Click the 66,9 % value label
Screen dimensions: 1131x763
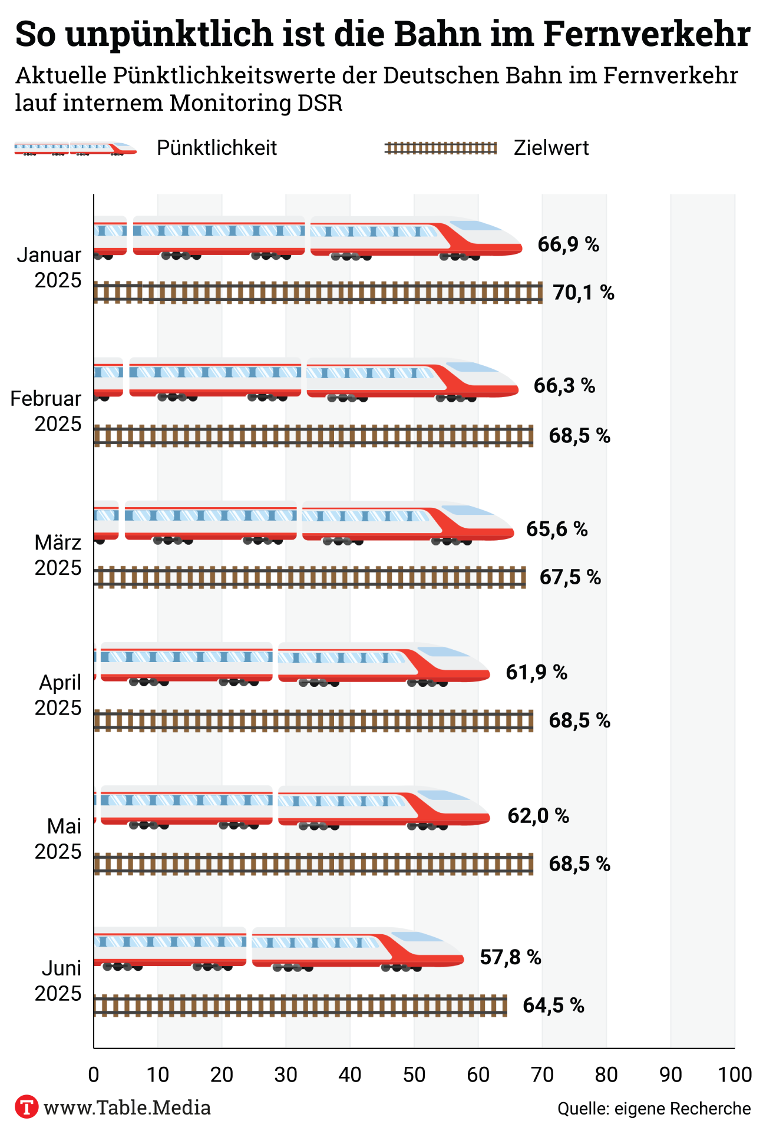tap(568, 244)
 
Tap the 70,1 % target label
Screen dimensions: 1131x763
tap(583, 292)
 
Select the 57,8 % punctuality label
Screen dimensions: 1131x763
tap(510, 957)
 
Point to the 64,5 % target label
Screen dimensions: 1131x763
tap(553, 1005)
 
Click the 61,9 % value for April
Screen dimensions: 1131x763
tap(536, 672)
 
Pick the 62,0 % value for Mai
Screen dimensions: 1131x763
tap(538, 816)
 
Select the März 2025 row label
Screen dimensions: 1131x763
tap(57, 555)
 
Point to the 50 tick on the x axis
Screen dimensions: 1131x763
tap(414, 1074)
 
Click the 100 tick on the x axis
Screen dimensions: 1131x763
tap(734, 1074)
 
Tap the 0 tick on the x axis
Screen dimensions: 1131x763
tap(94, 1074)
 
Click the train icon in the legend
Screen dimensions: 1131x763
tap(75, 148)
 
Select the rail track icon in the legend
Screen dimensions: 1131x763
tap(441, 148)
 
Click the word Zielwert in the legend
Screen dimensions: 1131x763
tap(551, 148)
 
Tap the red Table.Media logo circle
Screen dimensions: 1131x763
tap(27, 1107)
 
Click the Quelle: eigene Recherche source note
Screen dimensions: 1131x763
tap(654, 1109)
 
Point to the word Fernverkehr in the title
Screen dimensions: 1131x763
tap(646, 34)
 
